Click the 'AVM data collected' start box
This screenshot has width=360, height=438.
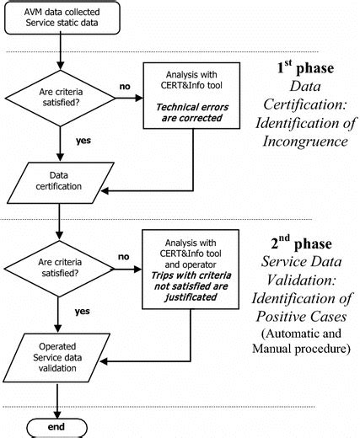point(61,19)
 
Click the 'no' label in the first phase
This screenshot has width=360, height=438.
point(124,85)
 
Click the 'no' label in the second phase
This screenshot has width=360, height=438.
point(124,256)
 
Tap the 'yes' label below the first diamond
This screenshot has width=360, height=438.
point(84,141)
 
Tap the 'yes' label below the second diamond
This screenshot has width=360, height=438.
point(83,310)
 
